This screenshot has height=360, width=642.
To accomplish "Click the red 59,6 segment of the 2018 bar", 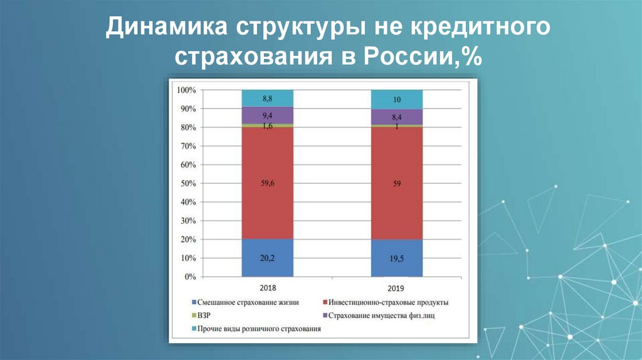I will coord(267,183).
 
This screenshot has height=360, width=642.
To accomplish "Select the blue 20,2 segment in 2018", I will coord(267,257).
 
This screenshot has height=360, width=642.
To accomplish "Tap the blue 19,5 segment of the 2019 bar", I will coord(396,258).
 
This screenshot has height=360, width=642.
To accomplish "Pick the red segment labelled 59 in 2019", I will coord(396,183).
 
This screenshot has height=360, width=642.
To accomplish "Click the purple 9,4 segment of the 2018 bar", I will coord(267,115).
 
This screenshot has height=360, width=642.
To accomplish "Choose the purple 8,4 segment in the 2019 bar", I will coord(396,117).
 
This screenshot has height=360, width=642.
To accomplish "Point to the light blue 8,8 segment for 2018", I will coord(267,98).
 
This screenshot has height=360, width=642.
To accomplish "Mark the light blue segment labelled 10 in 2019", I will coord(396,99).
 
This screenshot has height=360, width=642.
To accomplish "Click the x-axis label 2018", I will coord(267,288).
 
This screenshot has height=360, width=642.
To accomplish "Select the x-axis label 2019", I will coord(396,288).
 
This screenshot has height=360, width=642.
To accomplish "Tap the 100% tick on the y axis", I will coord(187,90).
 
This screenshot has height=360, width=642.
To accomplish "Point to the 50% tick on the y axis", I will coord(189,184).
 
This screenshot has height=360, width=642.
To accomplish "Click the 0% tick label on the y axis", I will coord(191,277).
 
